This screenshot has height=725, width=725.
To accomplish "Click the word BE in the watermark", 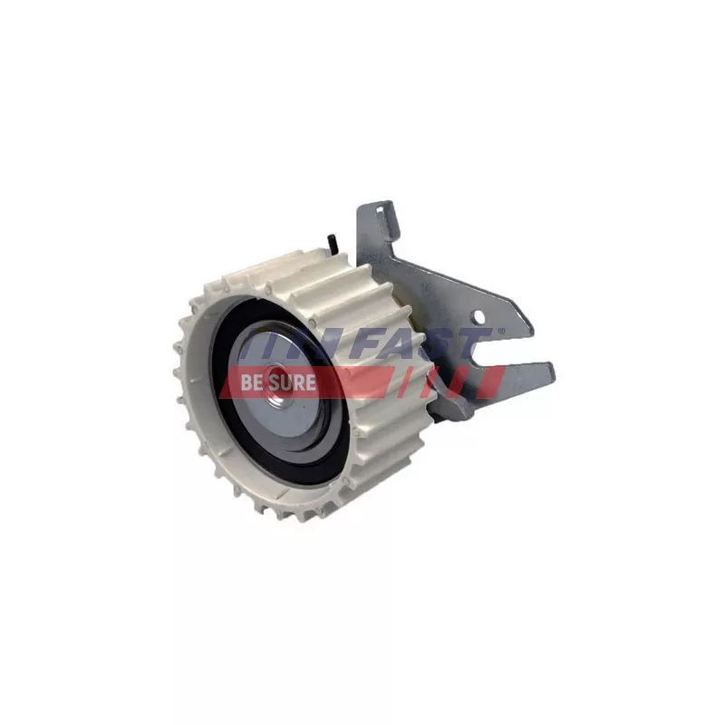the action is tap(252, 382).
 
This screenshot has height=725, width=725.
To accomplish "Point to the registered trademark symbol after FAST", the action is tap(500, 331).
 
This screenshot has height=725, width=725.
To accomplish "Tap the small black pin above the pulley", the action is tap(331, 243).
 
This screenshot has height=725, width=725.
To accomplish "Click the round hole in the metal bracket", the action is tap(479, 317).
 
